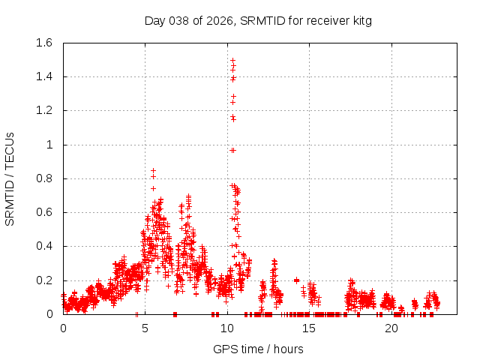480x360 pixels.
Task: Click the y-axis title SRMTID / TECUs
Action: click(10, 178)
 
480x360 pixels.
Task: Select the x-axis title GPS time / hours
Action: click(258, 349)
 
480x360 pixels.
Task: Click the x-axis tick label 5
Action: click(145, 328)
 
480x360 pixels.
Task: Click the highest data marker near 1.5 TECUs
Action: click(232, 60)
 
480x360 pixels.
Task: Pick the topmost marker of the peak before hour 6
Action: click(153, 170)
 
